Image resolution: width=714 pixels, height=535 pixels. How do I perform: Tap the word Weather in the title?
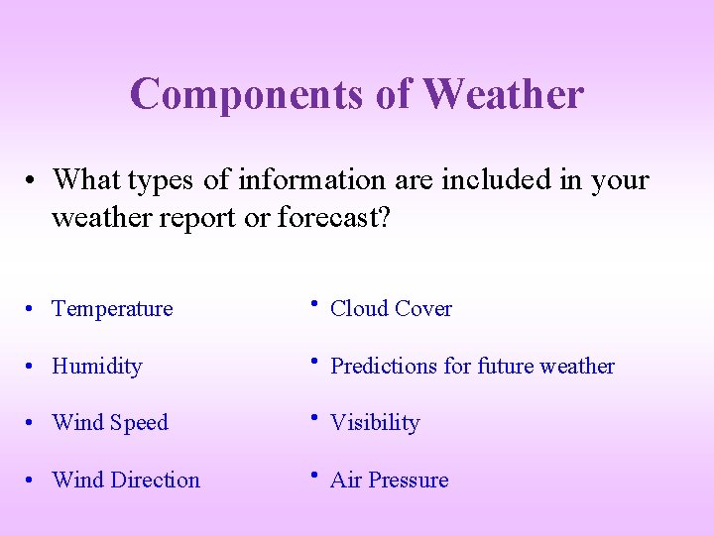[x=503, y=94]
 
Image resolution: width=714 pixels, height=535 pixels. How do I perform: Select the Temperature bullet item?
[x=112, y=309]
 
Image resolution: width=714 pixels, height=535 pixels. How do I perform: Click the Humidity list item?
[x=97, y=367]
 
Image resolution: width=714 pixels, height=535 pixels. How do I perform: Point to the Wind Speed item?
[x=110, y=423]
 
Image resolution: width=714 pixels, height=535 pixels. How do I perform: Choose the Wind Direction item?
[x=126, y=481]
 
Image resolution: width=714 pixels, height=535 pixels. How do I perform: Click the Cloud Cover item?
[x=391, y=309]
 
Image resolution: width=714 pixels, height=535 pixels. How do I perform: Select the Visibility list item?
[x=375, y=423]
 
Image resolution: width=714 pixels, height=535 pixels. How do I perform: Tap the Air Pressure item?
[x=389, y=481]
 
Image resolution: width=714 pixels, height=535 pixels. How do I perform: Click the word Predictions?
[x=384, y=367]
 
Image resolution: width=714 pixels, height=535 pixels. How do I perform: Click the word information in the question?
[x=304, y=181]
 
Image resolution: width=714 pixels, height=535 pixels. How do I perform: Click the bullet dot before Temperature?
[x=33, y=310]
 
